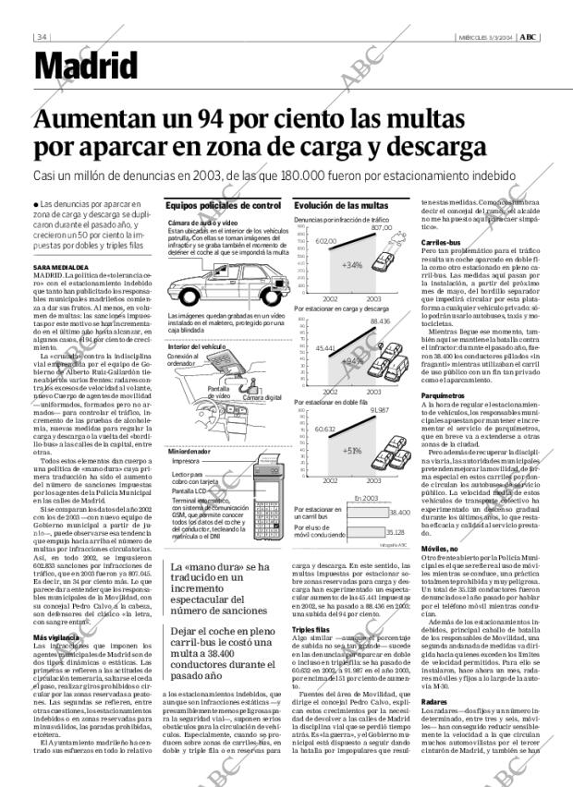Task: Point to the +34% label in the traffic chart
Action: pos(351,264)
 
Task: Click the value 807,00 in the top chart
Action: pos(382,227)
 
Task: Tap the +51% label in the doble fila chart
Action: pos(351,451)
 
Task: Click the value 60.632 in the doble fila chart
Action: pos(324,430)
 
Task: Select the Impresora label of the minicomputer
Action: pos(186,460)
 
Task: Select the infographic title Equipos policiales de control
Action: pos(222,205)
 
